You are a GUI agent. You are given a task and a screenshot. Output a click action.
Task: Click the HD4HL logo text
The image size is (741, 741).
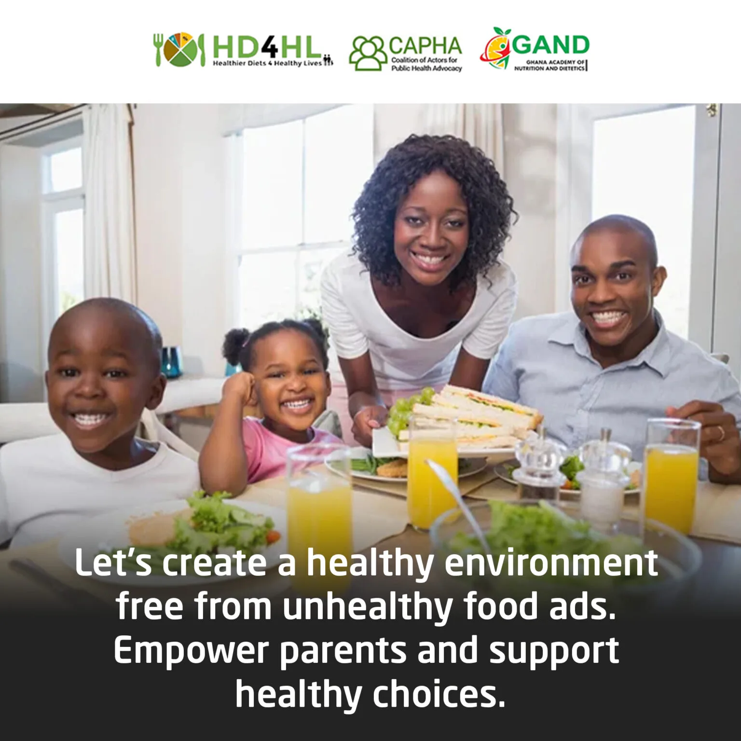click(266, 47)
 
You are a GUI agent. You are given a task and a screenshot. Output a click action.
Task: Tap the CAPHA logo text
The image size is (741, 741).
click(425, 46)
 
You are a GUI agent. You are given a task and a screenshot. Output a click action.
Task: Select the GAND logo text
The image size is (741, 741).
click(550, 45)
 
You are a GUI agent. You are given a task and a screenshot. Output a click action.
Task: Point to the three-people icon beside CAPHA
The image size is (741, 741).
click(368, 53)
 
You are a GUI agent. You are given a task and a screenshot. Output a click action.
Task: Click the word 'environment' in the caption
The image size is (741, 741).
click(551, 563)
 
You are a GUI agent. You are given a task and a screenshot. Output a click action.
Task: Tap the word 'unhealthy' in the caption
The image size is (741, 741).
click(367, 606)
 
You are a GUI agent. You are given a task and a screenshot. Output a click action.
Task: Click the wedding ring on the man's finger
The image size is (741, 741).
click(721, 433)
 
